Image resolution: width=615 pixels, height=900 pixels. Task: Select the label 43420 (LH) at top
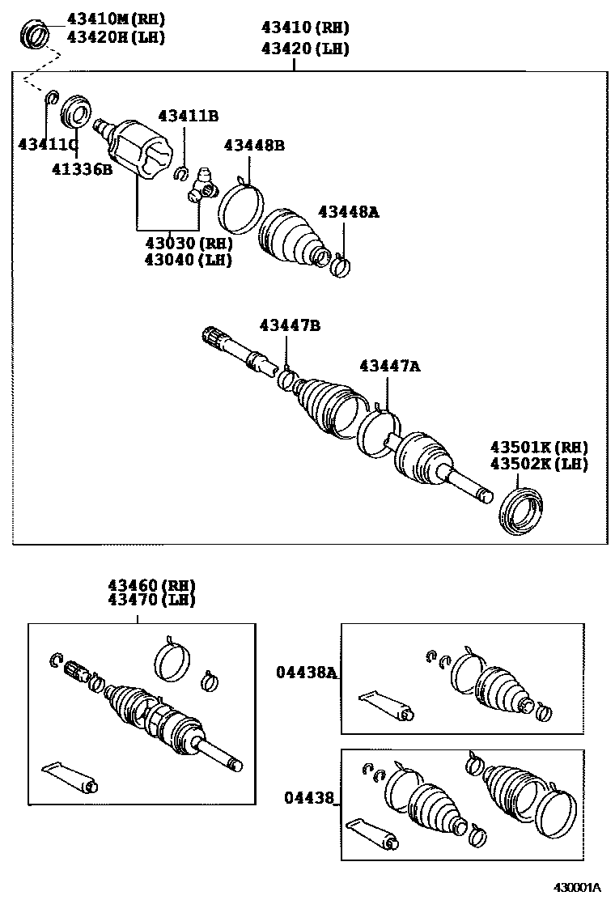pos(304,49)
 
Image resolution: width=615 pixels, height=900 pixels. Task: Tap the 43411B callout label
pos(188,117)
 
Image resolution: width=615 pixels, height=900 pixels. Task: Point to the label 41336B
pos(82,169)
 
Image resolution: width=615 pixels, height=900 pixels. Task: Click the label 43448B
pos(254,146)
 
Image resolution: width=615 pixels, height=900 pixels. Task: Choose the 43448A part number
pos(348,212)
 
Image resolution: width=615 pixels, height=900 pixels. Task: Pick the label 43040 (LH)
pos(189,260)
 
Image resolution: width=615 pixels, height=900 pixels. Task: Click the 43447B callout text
pos(290,325)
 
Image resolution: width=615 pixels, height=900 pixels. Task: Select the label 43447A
pos(390,367)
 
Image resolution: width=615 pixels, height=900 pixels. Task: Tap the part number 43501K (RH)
pos(538,448)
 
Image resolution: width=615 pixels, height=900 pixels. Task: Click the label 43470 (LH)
pos(153,601)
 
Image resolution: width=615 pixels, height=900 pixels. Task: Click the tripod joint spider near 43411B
pos(202,185)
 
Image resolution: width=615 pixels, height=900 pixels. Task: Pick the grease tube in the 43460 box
pos(70,777)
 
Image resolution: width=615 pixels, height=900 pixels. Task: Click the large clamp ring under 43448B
pos(240,209)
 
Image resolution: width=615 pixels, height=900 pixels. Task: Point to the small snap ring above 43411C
pos(50,99)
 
